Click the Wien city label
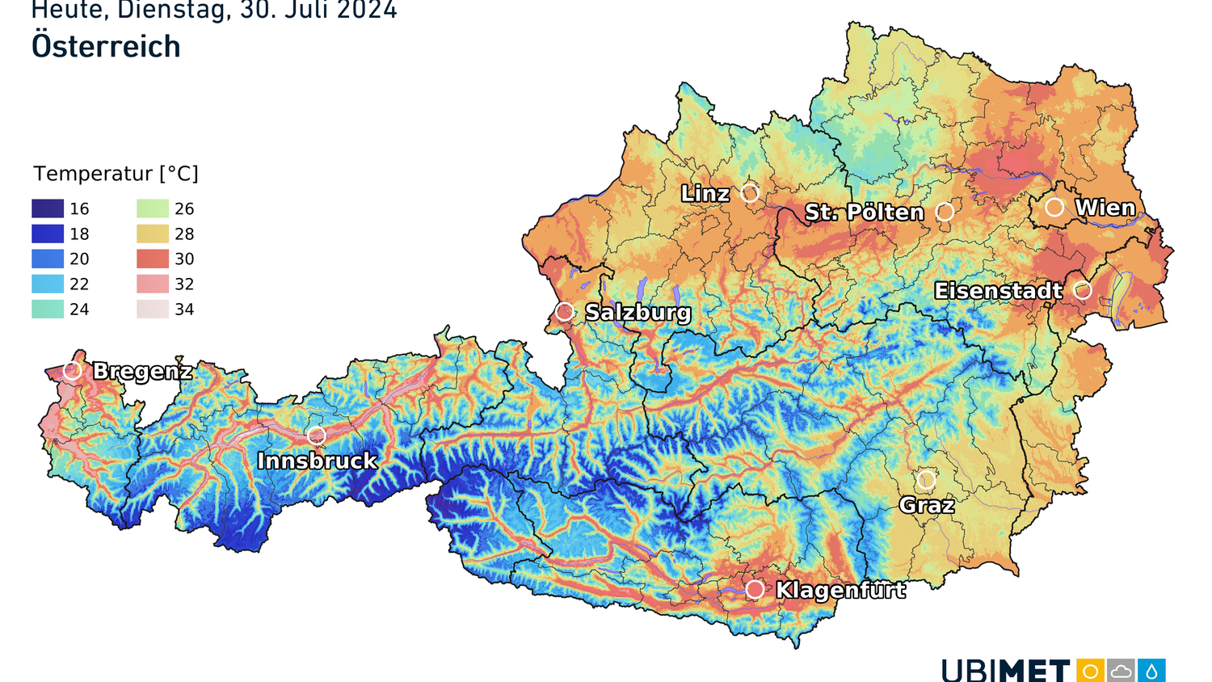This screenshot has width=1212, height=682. (1105, 208)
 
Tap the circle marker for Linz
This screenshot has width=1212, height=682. (750, 193)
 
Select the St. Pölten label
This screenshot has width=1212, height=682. (864, 213)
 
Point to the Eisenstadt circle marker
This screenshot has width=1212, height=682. (1083, 290)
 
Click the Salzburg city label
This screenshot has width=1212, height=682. (638, 313)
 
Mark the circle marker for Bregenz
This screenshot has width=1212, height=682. (73, 370)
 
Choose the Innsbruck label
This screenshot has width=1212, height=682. (317, 461)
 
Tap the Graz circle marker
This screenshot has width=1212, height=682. (926, 480)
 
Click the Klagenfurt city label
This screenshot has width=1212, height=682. (840, 590)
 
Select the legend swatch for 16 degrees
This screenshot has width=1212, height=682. (48, 208)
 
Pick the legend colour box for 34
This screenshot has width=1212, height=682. (153, 309)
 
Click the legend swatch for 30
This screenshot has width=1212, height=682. (153, 259)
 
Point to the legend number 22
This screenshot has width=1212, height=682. (79, 284)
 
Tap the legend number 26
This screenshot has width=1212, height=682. (184, 208)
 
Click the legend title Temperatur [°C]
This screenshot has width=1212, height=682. (116, 174)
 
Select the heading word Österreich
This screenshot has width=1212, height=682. (106, 47)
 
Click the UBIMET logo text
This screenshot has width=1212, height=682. (1005, 671)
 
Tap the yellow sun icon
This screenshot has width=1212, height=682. (1090, 671)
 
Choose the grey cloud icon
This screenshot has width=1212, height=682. (1121, 671)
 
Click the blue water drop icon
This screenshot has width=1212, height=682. (1151, 671)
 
